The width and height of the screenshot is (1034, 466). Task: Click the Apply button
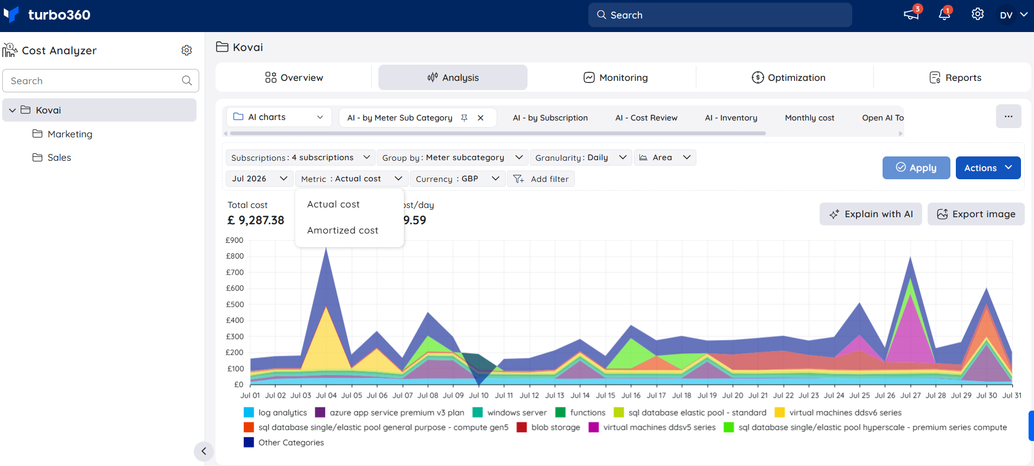[x=916, y=168]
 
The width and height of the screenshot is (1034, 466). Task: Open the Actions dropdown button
[x=988, y=168]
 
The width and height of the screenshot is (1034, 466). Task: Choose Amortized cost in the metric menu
[x=342, y=230]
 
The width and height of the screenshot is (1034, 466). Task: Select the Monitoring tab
[x=616, y=78]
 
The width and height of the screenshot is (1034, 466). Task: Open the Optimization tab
[x=788, y=78]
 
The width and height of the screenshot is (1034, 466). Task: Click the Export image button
[x=976, y=214]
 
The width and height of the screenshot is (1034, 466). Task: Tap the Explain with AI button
[x=871, y=214]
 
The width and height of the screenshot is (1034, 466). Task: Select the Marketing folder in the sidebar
[x=62, y=134]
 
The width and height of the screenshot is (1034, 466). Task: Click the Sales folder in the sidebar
[x=52, y=158]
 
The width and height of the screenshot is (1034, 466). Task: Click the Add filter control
[x=541, y=179]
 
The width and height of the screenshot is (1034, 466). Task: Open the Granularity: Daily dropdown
[x=581, y=158]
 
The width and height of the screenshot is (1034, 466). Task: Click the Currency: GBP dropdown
[x=457, y=179]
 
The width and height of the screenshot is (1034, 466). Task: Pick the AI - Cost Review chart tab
[x=646, y=118]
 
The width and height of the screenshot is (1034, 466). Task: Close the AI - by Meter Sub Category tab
[x=480, y=118]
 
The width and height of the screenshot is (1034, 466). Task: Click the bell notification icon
[x=944, y=14]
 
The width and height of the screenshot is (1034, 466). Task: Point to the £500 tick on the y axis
[x=235, y=304]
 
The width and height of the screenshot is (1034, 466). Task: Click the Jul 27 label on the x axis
[x=910, y=395]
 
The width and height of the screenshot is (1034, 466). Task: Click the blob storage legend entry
[x=548, y=427]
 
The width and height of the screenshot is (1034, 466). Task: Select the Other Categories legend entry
[x=284, y=443]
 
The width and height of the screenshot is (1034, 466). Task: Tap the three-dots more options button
[x=1008, y=117]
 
